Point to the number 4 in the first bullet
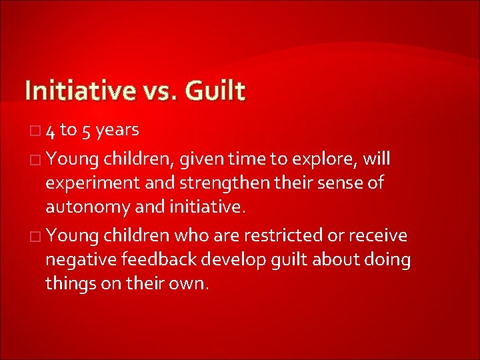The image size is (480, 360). [51, 131]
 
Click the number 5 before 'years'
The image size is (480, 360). [87, 131]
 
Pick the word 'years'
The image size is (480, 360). [117, 131]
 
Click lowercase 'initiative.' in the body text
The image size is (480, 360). [202, 207]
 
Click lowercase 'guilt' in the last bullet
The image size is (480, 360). [291, 259]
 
